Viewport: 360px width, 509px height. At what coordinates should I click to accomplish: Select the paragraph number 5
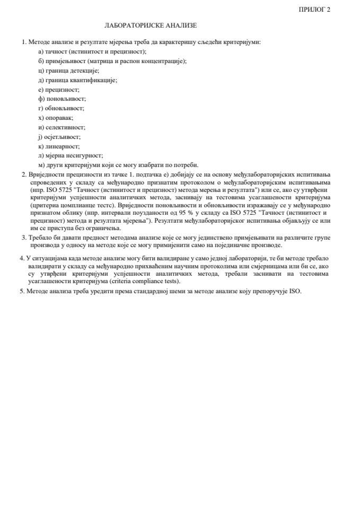(22, 292)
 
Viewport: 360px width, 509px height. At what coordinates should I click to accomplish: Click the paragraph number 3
(23, 238)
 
